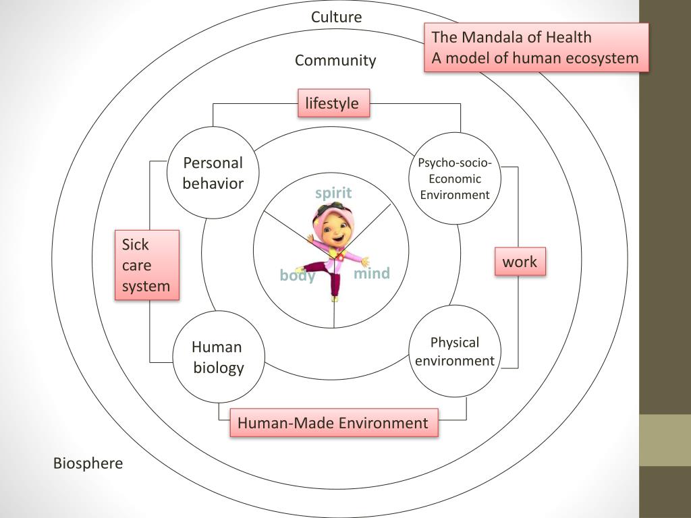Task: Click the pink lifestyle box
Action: (x=333, y=103)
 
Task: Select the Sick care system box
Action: (x=146, y=265)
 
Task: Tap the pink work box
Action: (x=520, y=262)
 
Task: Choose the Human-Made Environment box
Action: (x=333, y=423)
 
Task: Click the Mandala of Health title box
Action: (x=536, y=47)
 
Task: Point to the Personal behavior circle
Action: (x=213, y=173)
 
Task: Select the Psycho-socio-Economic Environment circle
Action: (x=454, y=179)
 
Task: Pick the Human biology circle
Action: (x=218, y=357)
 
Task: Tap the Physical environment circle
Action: (x=454, y=351)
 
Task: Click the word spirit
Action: (x=333, y=193)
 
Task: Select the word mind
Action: (x=372, y=273)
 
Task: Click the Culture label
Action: (x=336, y=17)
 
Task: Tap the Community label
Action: (x=335, y=61)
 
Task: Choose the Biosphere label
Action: (x=88, y=463)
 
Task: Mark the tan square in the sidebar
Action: (x=665, y=440)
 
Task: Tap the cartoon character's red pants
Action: (x=332, y=277)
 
